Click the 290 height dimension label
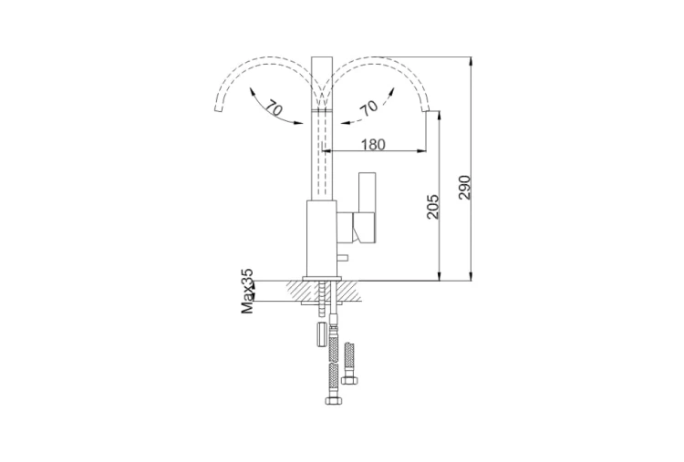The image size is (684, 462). tap(465, 188)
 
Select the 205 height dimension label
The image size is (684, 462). tap(433, 207)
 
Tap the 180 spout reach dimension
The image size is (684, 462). tap(373, 144)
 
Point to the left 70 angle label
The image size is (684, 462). tap(274, 108)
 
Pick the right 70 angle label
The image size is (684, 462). tap(368, 108)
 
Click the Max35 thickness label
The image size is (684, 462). tap(247, 292)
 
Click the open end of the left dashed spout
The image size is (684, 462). tap(219, 108)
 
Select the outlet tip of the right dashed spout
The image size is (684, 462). tap(426, 110)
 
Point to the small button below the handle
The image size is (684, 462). tap(344, 258)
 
